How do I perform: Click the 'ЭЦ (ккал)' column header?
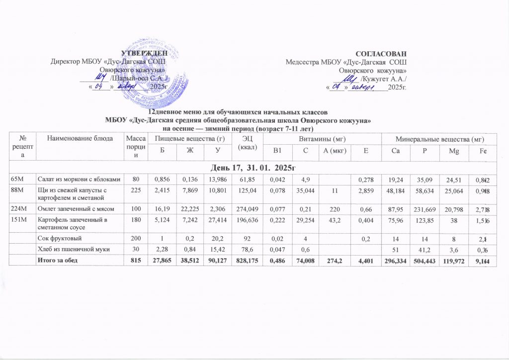(247, 142)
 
